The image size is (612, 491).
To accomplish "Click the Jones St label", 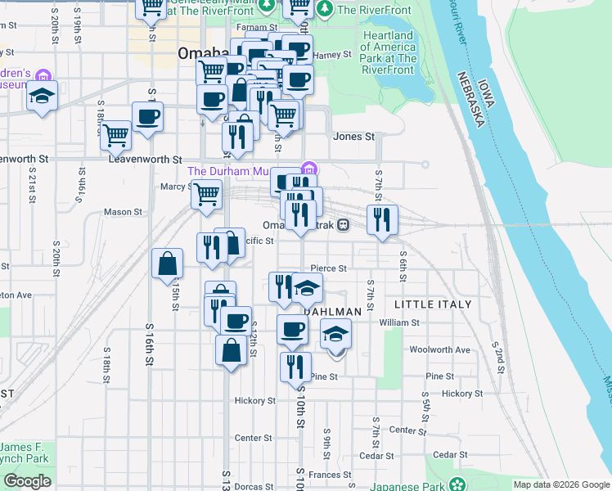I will point(353,137).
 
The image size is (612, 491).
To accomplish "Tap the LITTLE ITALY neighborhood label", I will point(433,304).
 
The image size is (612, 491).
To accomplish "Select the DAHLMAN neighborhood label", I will point(335,312).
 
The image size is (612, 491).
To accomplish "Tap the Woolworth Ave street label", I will point(440,349).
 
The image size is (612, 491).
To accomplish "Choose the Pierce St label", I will point(329,268).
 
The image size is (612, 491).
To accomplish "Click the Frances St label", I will point(330,475).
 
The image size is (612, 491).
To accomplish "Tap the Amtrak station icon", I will point(344,224).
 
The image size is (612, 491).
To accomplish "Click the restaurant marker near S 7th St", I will point(382,218).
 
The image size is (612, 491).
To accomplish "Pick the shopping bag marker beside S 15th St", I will point(167,264).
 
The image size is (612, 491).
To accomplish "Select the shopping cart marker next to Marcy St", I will point(206,195).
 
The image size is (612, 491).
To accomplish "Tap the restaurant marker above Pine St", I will point(295,366).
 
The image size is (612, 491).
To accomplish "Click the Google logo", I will point(27,481).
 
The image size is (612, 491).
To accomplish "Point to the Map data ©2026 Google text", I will point(560,484).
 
